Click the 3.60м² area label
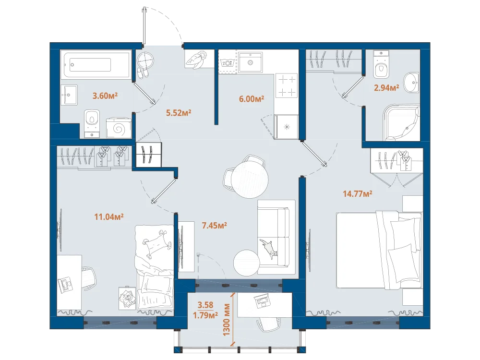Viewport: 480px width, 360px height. [105, 96]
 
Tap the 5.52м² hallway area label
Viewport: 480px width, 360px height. [179, 113]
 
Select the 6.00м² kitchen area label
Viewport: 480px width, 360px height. [252, 98]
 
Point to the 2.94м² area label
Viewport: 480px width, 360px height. [386, 88]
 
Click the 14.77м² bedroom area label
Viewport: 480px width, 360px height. [357, 194]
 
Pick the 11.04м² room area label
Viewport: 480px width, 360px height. [108, 217]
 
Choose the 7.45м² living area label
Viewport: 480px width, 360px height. [214, 226]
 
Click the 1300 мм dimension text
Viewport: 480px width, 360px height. [227, 319]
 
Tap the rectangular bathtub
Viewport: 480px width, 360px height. [96, 64]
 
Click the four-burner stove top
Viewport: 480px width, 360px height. [286, 85]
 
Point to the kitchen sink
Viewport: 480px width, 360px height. [251, 62]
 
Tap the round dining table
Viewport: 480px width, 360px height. [250, 180]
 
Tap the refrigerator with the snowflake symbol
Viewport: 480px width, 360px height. [286, 127]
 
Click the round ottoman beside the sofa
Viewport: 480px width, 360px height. [246, 263]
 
